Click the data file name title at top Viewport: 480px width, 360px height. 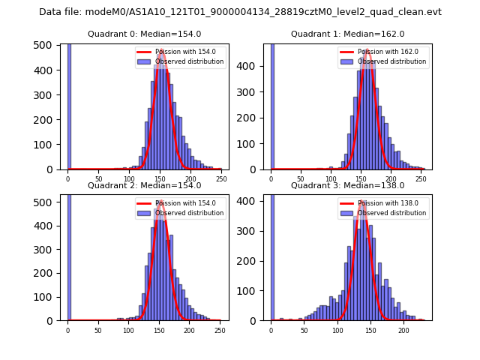[x=240, y=12]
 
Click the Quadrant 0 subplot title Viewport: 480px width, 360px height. [x=144, y=34]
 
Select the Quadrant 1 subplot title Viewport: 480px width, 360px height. [x=347, y=34]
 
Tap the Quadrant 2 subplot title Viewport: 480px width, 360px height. [x=144, y=185]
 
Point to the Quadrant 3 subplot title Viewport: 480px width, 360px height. [x=347, y=185]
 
